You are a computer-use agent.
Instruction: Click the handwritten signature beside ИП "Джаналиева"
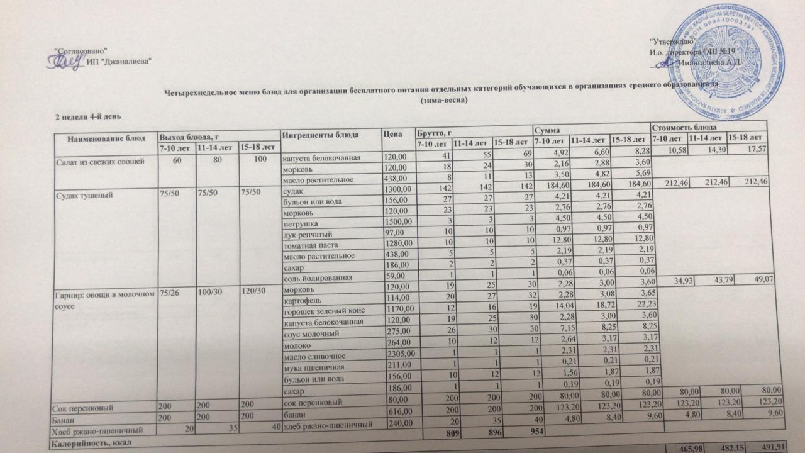65,60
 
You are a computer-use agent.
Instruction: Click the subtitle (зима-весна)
445,104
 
